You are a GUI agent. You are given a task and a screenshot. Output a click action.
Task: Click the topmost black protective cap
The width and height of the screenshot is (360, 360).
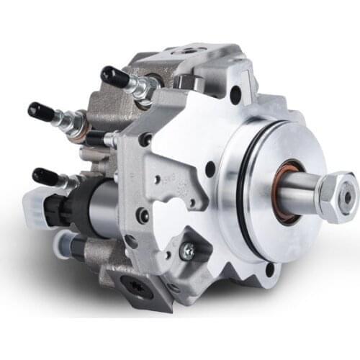pos(114,74)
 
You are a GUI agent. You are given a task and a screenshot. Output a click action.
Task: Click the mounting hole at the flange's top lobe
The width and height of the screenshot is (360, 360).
pos(235,93)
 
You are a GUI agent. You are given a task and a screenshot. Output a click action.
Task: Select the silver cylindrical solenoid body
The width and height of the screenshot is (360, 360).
pos(101,209)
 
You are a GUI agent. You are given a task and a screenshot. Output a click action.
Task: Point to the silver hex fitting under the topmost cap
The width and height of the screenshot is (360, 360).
pos(143,86)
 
